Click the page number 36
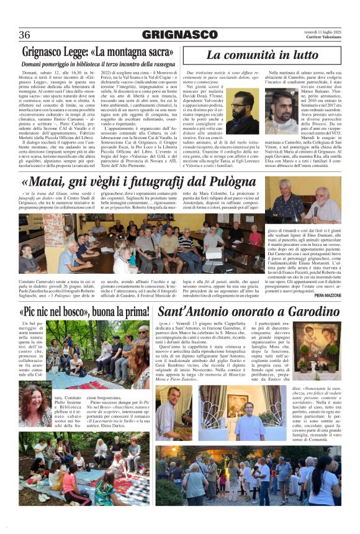point(25,35)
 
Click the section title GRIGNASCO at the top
point(179,35)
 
